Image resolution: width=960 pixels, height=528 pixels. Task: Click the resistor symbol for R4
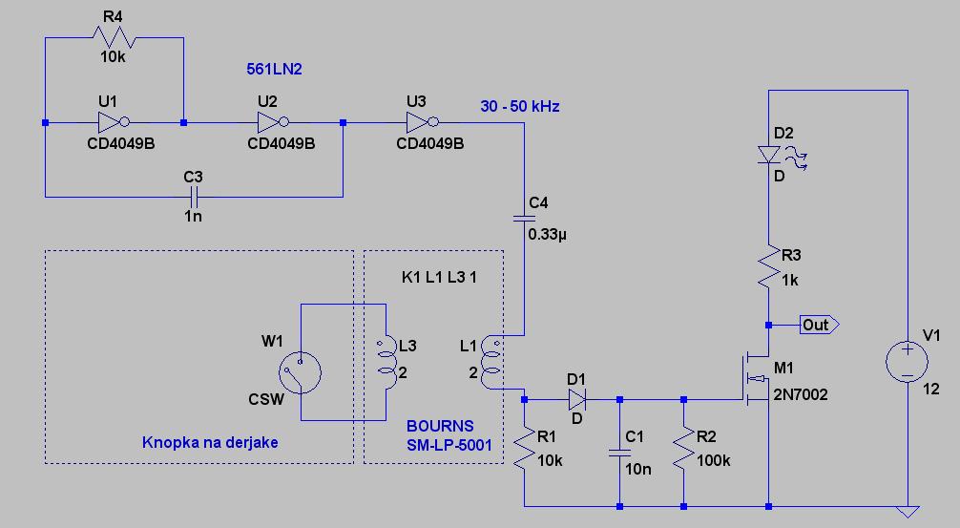click(113, 38)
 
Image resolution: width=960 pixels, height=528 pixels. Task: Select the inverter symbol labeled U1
click(113, 122)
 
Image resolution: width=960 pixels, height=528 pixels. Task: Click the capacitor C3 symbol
click(193, 197)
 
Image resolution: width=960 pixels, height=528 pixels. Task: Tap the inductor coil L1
click(491, 363)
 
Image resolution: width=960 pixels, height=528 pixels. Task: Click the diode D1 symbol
click(575, 398)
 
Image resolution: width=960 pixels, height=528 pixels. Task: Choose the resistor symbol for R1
click(524, 451)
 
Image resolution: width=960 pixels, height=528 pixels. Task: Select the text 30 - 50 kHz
click(520, 106)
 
